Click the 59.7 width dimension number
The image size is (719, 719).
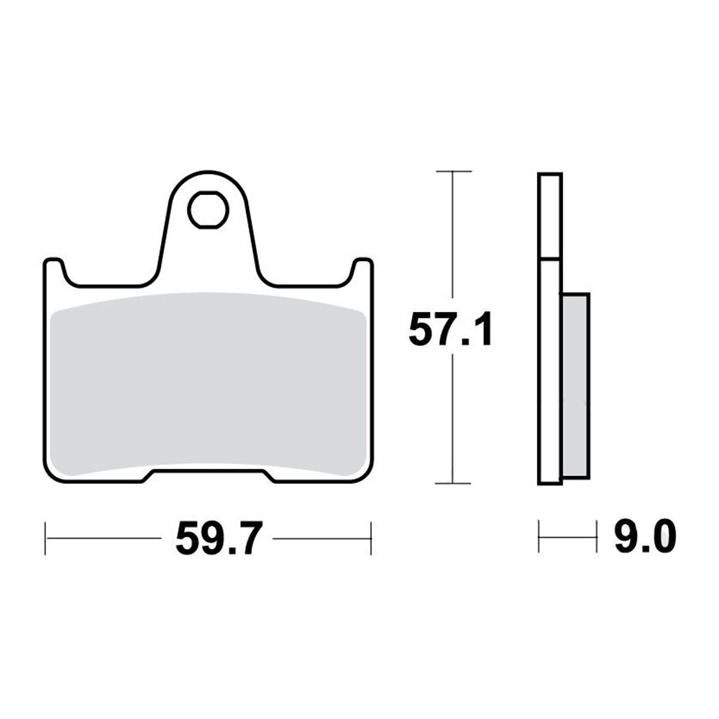[219, 537]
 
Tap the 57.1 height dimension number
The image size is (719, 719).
[450, 329]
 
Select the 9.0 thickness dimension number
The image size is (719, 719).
[645, 536]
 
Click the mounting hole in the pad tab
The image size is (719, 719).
[209, 210]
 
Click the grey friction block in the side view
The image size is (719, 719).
[575, 385]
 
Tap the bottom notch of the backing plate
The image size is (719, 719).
[209, 475]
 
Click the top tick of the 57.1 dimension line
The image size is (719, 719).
[454, 171]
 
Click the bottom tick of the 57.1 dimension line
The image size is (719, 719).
[453, 483]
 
